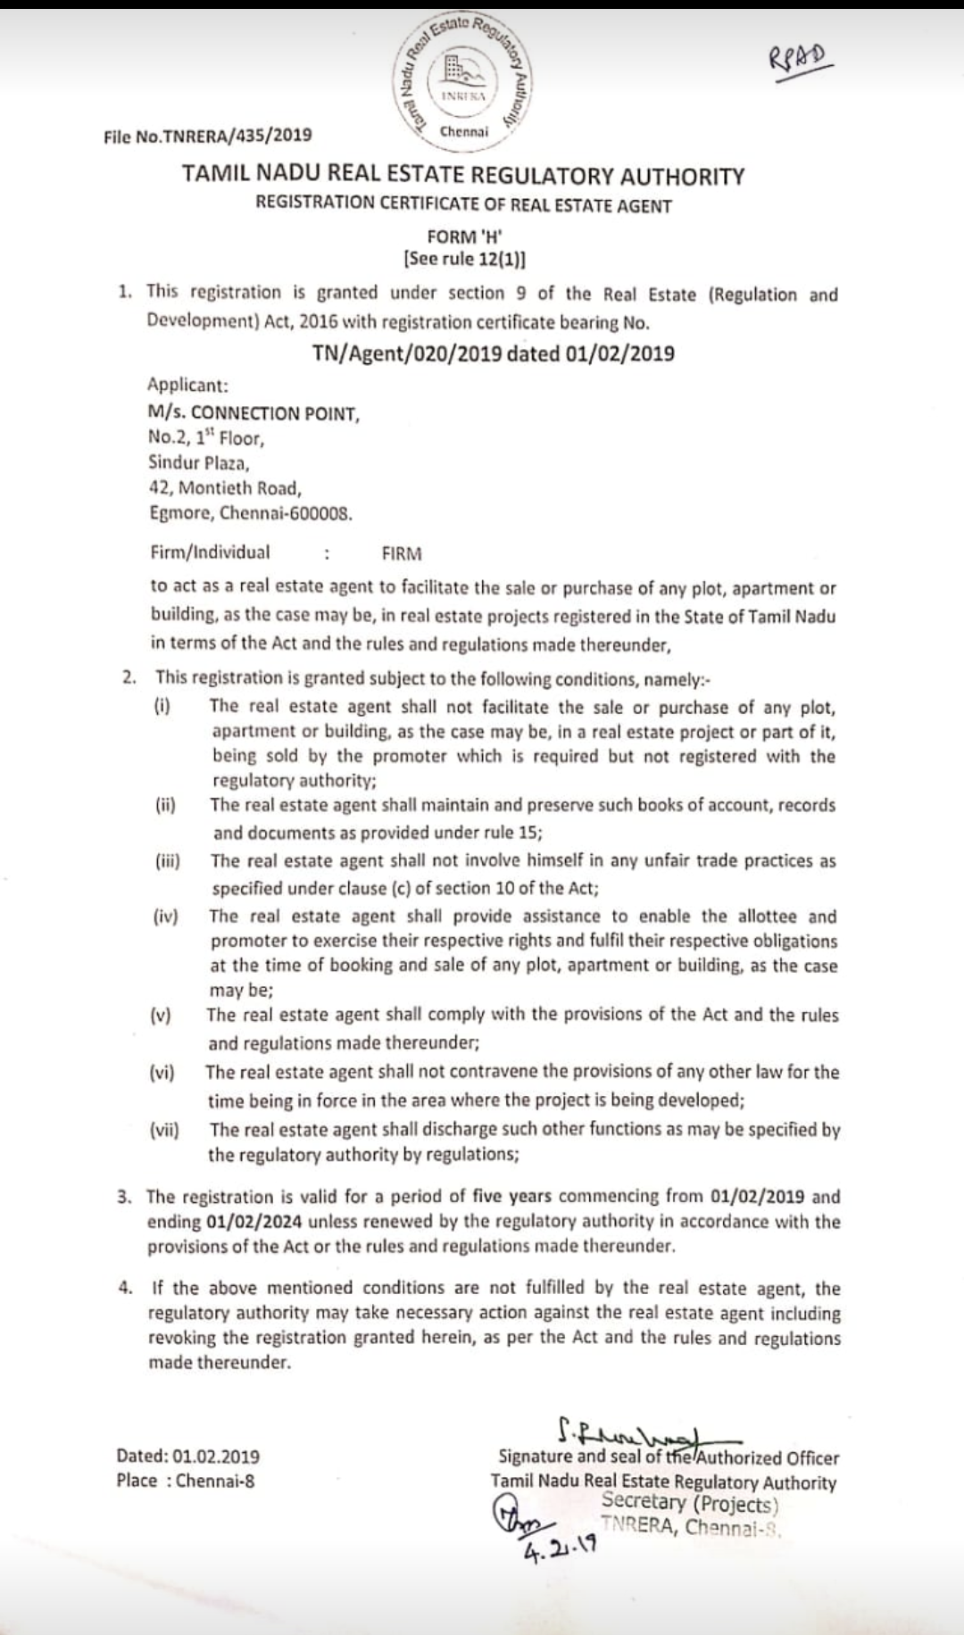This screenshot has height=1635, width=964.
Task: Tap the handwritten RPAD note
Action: click(801, 62)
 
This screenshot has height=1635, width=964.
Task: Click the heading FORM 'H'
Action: click(464, 237)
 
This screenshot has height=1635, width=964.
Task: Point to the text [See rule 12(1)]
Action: click(464, 260)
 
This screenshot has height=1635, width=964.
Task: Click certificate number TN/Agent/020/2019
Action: click(406, 353)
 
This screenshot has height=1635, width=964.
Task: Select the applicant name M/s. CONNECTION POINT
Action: click(253, 413)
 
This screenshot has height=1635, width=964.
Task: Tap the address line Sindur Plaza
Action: click(198, 462)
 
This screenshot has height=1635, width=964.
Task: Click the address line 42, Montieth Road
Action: click(225, 488)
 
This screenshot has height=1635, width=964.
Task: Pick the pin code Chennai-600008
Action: click(286, 513)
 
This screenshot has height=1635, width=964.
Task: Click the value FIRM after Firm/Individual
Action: click(402, 553)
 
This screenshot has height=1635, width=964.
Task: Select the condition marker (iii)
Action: click(167, 861)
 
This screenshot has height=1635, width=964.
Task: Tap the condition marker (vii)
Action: click(164, 1130)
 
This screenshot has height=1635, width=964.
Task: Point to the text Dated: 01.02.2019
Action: click(187, 1456)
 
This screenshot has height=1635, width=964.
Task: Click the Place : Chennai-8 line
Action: click(185, 1481)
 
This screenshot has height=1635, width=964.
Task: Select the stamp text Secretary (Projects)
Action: click(689, 1504)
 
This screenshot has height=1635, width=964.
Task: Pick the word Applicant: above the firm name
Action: click(187, 385)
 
